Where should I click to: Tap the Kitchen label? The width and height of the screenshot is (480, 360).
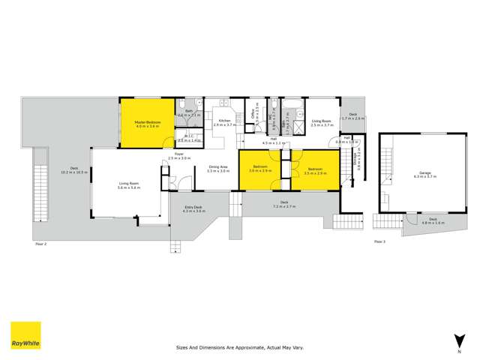224,122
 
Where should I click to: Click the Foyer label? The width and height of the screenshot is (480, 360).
179,156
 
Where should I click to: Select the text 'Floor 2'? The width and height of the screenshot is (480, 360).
40,244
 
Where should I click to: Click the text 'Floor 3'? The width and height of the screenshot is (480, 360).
379,241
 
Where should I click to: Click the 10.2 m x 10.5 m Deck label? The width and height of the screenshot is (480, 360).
73,171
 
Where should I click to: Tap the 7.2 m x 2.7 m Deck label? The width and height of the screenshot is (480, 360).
285,203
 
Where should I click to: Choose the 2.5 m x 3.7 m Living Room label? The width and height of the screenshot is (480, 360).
322,122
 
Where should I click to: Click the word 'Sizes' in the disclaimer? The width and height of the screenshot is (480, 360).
182,348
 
